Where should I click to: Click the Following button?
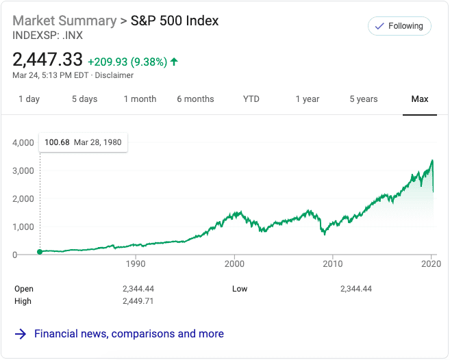coord(399,26)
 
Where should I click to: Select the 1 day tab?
coord(29,99)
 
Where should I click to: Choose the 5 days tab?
coord(84,99)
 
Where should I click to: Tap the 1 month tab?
coord(140,99)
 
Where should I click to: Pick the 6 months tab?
coord(195,99)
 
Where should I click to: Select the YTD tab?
coord(251,99)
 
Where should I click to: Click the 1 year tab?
coord(308,99)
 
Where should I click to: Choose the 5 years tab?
coord(364,99)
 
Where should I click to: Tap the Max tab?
coord(420,99)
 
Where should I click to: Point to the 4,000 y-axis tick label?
coord(23,143)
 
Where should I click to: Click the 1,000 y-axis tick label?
coord(23,227)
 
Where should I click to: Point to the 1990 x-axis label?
coord(136,263)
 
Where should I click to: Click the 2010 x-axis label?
coord(333,263)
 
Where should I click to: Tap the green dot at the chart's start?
coord(40,252)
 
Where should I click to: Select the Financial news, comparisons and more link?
coord(129,334)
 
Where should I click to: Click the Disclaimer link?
coord(114,75)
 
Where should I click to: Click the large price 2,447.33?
coord(48,60)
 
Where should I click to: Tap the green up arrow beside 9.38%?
coord(174,62)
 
